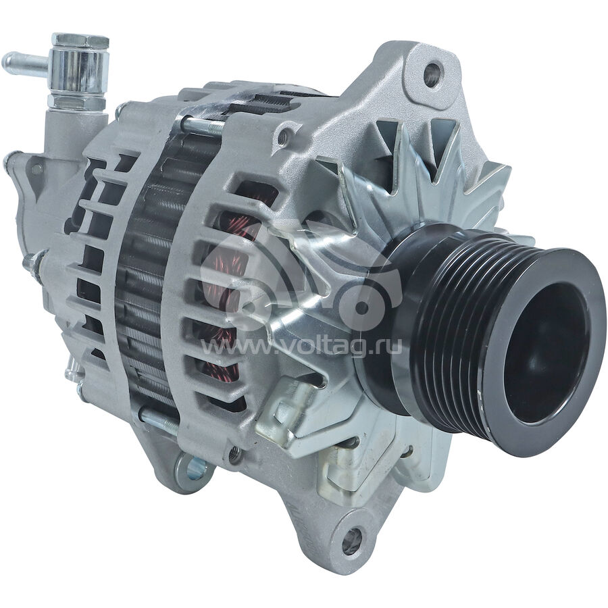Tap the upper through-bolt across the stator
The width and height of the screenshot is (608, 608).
202,124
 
